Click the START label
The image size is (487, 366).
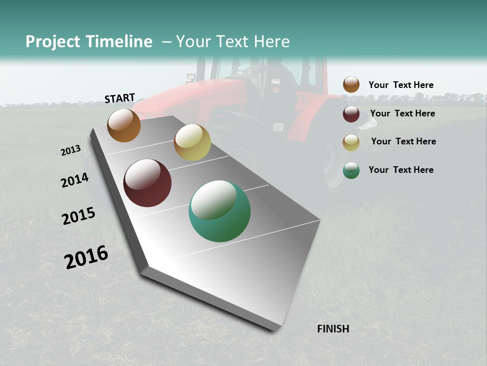[120, 98]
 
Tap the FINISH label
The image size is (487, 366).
[333, 329]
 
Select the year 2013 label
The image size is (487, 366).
[71, 150]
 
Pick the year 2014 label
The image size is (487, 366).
[75, 180]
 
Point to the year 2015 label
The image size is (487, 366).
[78, 216]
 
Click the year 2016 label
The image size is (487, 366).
[86, 257]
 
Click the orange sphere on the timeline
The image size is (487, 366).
[124, 125]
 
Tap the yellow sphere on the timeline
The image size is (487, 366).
[192, 142]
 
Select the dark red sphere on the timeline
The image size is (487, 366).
[147, 183]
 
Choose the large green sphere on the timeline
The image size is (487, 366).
[220, 211]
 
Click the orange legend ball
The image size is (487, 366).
[351, 85]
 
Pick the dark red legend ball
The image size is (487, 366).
[351, 114]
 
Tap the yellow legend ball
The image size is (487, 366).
[351, 142]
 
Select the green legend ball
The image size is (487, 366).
[351, 170]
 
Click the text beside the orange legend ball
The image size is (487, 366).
[401, 85]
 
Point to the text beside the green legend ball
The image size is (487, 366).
[401, 170]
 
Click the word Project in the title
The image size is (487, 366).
[53, 42]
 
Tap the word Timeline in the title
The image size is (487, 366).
[119, 42]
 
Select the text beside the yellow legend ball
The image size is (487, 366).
[403, 141]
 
